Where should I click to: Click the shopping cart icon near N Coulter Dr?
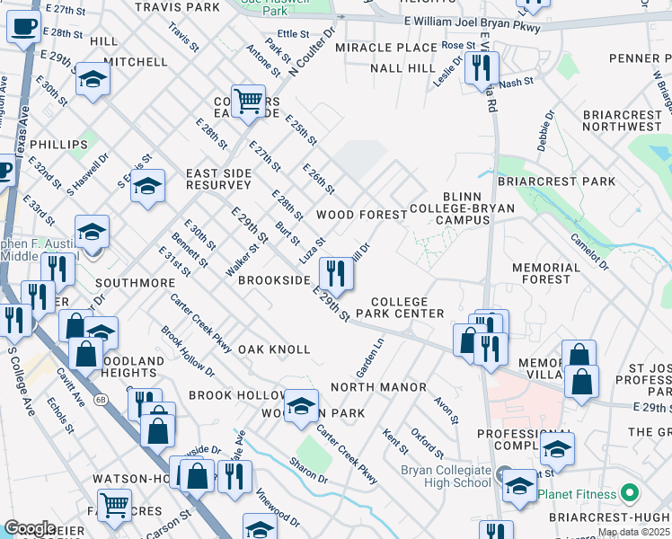pos(247,101)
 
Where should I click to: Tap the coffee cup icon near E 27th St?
pos(23,28)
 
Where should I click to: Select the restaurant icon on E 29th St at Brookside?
pos(335,272)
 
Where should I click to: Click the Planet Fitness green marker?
pos(629,492)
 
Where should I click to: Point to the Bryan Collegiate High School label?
pos(447,476)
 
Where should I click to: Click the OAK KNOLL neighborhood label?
pos(274,349)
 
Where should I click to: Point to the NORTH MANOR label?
pos(378,387)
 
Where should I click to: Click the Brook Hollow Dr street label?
pos(189,351)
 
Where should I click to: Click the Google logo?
pos(30,528)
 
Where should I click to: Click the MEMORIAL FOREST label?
pos(546,273)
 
